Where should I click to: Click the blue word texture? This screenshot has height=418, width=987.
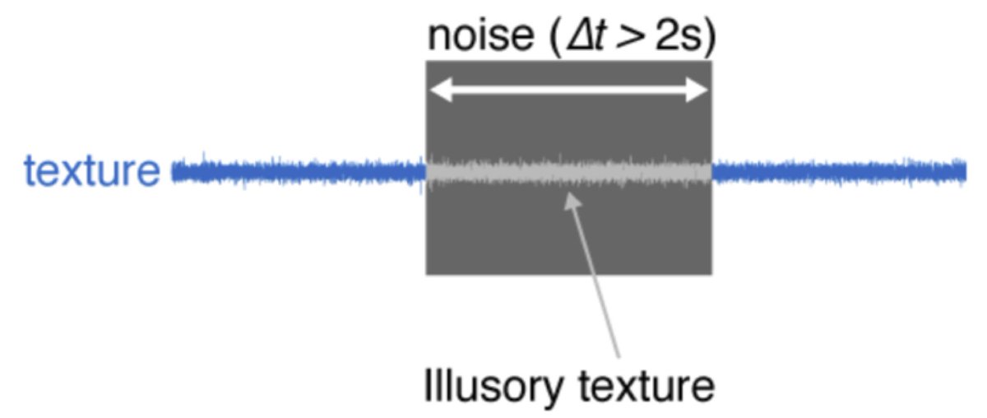(x=91, y=172)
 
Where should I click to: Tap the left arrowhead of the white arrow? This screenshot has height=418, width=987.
(x=436, y=91)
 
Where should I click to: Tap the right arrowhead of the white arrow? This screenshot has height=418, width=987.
(x=700, y=91)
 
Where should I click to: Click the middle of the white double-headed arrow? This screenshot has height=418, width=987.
(x=568, y=91)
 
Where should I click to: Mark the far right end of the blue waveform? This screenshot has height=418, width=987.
(x=964, y=171)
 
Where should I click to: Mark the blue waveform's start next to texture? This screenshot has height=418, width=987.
(x=174, y=172)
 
